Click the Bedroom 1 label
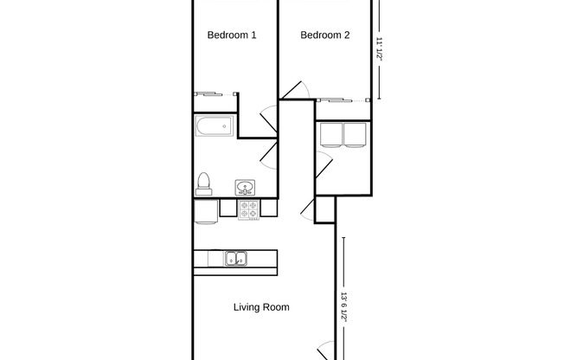[x=232, y=35]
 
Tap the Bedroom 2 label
[x=325, y=35]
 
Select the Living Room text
[x=261, y=307]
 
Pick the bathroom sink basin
[x=246, y=187]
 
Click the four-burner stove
[x=249, y=209]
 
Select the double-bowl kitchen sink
[x=235, y=258]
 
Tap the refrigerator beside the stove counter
[x=206, y=211]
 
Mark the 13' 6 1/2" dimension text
[x=343, y=305]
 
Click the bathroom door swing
[x=270, y=151]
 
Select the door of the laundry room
[x=324, y=162]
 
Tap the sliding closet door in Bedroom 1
[x=212, y=93]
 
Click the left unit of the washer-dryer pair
[x=331, y=135]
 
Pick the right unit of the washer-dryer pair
[x=356, y=135]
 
